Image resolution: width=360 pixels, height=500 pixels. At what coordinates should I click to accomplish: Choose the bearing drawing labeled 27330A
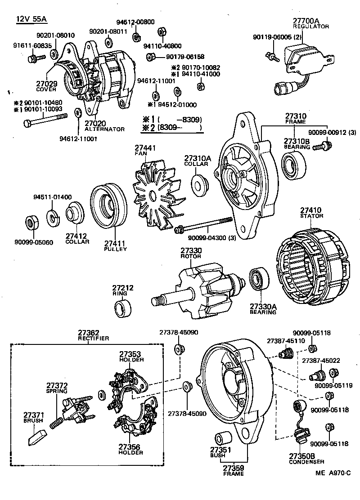tap(259, 280)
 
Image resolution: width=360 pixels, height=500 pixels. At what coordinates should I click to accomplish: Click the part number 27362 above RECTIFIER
tap(88, 333)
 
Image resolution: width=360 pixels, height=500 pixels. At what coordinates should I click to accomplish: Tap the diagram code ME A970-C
tap(332, 473)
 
